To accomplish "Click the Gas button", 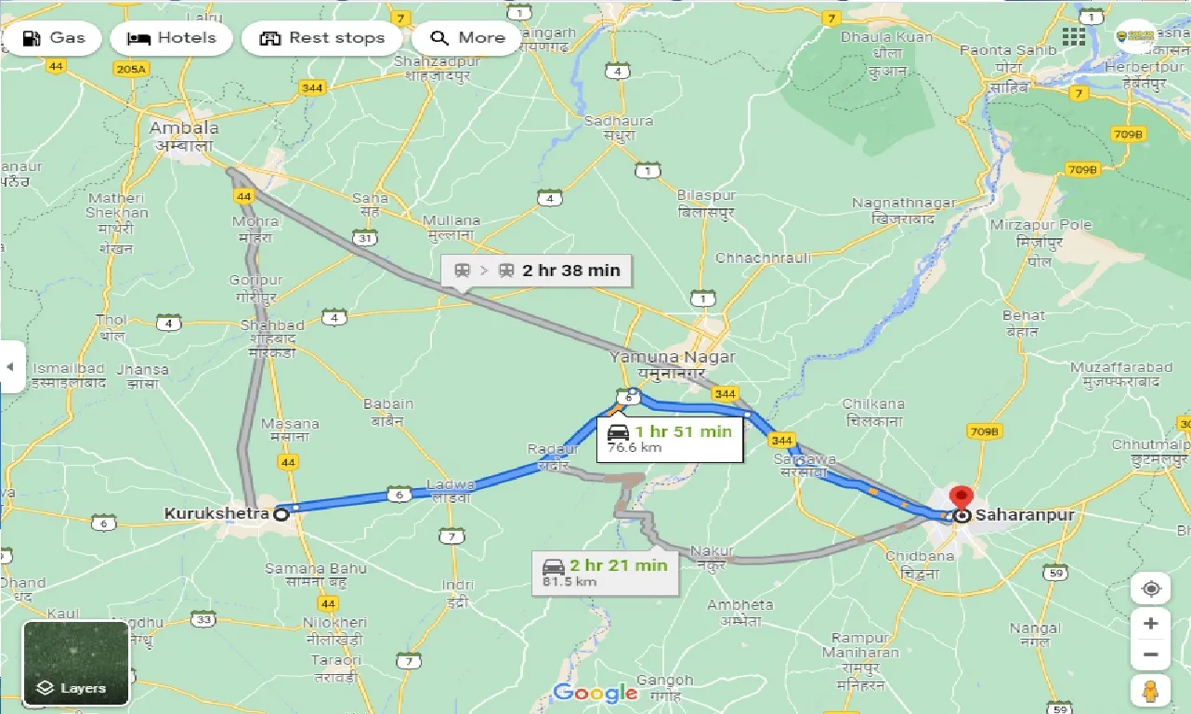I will click(x=53, y=38).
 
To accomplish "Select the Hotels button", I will click(x=171, y=38).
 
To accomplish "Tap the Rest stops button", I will click(x=321, y=38).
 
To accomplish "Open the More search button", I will click(x=466, y=38).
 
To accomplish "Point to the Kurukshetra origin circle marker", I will click(x=280, y=513).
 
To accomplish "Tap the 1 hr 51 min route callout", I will click(x=669, y=438).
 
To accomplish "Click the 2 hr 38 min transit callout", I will click(x=537, y=271).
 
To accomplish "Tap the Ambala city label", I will click(x=183, y=128).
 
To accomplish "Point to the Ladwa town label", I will click(x=451, y=484).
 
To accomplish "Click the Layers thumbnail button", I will click(x=76, y=663).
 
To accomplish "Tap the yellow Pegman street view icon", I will click(x=1150, y=690).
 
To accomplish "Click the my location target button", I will click(x=1150, y=589).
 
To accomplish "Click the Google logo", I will click(x=595, y=693).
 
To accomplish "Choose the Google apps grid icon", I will click(x=1074, y=36).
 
